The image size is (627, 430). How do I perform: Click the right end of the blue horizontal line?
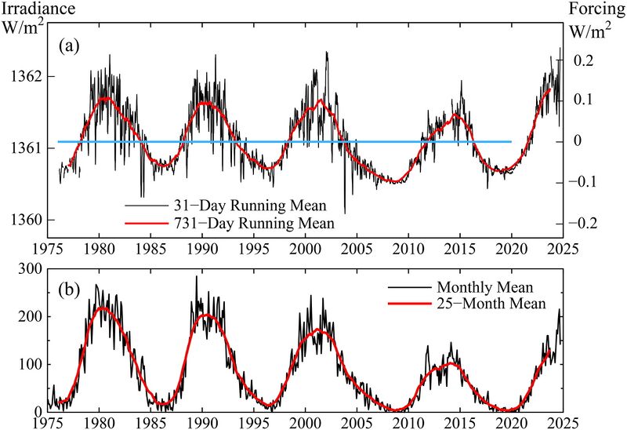click(511, 141)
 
